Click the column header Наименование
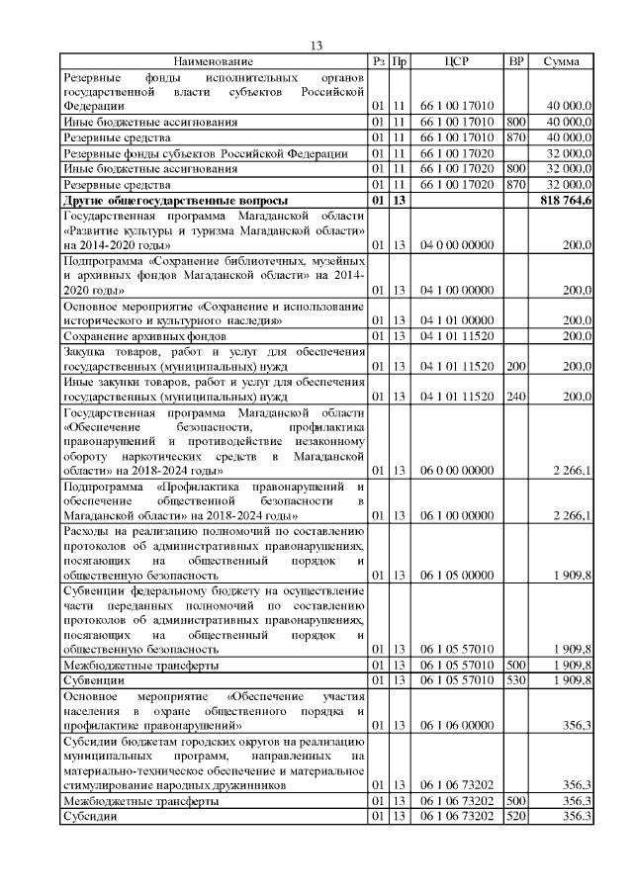pos(213,62)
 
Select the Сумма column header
pos(561,62)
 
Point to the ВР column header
pos(515,62)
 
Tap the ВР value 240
pos(514,397)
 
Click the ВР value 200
pos(514,367)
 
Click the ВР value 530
pos(514,680)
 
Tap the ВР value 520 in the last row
pos(514,816)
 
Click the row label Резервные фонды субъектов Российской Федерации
pos(205,153)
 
